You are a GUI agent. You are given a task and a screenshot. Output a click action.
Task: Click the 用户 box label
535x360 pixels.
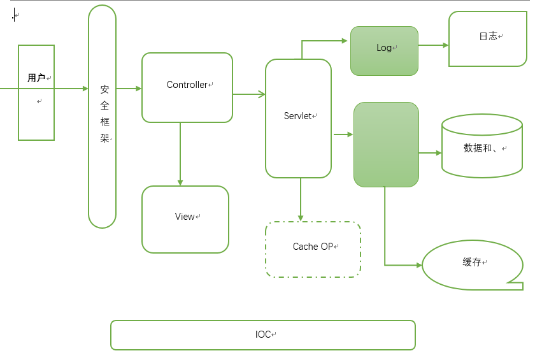(x=36, y=78)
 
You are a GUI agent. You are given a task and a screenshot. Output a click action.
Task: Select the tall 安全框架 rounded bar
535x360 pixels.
(x=103, y=117)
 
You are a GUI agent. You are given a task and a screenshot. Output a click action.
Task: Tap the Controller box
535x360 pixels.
(x=187, y=87)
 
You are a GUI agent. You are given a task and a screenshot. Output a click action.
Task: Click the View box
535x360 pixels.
(x=185, y=219)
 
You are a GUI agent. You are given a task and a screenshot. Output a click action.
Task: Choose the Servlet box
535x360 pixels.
(x=298, y=119)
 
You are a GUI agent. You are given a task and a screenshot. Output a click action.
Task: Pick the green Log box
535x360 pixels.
(x=384, y=50)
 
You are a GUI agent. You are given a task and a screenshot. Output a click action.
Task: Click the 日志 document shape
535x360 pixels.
(x=487, y=39)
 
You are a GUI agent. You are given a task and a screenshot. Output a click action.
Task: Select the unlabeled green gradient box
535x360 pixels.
(x=386, y=145)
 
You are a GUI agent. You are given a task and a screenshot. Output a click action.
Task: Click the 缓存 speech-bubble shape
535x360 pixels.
(x=472, y=264)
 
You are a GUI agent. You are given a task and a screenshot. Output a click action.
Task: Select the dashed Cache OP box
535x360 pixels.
(x=313, y=249)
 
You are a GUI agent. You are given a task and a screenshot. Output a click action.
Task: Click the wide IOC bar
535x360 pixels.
(x=262, y=335)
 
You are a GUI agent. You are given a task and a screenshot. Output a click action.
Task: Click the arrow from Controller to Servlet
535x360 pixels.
(x=249, y=94)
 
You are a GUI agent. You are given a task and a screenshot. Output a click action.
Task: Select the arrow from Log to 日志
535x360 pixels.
(x=433, y=45)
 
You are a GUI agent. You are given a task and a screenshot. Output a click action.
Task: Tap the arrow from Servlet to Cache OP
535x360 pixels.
(x=301, y=199)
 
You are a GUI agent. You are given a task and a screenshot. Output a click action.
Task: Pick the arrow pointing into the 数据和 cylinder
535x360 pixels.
(x=430, y=153)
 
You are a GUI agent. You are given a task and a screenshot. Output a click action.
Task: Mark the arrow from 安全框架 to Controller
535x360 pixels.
(x=129, y=89)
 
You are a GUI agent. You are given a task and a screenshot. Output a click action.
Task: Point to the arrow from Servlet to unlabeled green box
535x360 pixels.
(x=343, y=134)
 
